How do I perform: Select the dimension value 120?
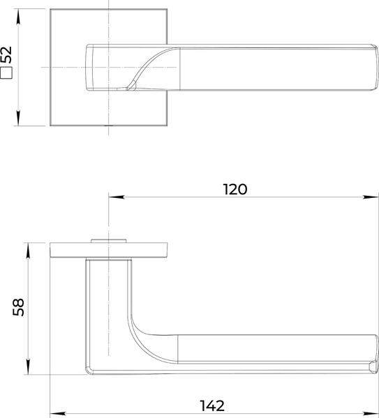[236, 188]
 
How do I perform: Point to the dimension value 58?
[19, 307]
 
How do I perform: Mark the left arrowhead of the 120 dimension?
[112, 198]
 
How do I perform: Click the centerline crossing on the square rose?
[108, 68]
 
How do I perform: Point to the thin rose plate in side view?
[108, 249]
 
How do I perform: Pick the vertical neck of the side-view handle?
[108, 307]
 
